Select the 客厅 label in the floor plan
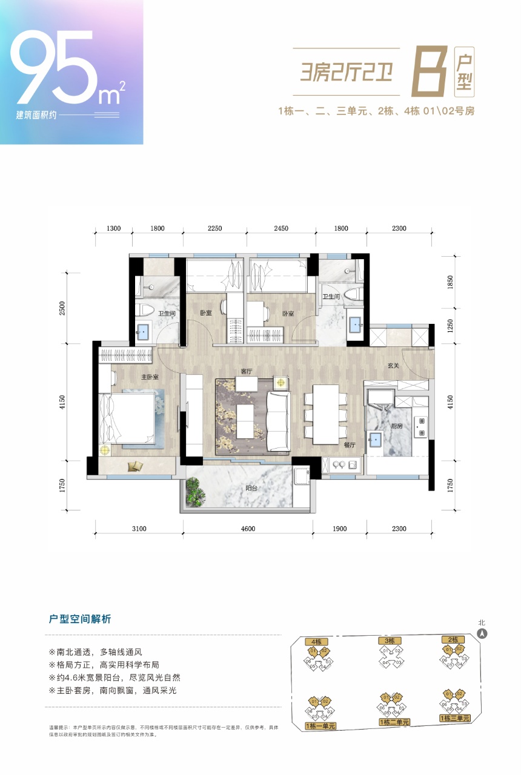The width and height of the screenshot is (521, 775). (x=246, y=372)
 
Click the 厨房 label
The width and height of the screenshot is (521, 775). (x=396, y=426)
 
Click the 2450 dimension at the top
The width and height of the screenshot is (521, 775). (x=280, y=229)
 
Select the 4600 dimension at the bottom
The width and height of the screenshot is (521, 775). (x=248, y=529)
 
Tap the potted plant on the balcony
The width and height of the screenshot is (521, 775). (x=194, y=491)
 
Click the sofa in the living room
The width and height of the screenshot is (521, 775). (x=278, y=419)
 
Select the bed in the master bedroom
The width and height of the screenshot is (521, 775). (x=128, y=418)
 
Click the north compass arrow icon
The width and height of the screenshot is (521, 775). (x=482, y=635)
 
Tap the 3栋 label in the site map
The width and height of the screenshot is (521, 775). (x=389, y=641)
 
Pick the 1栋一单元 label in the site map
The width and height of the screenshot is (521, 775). (x=320, y=725)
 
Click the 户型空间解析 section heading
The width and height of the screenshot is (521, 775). (x=80, y=619)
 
